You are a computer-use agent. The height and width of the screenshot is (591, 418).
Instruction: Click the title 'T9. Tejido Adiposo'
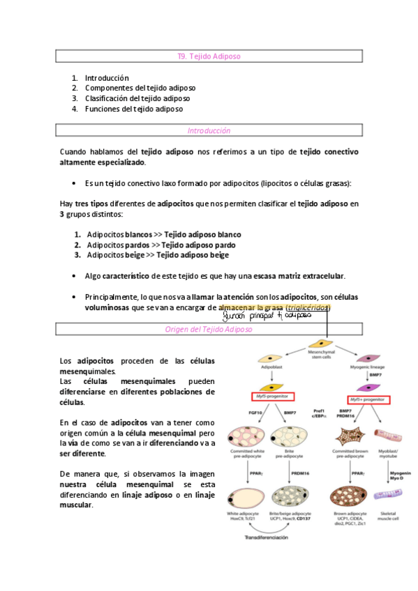tap(209, 56)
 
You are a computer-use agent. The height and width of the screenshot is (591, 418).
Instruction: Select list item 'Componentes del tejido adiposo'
tap(140, 89)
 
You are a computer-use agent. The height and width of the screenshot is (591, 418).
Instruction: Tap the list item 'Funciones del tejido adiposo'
tap(133, 109)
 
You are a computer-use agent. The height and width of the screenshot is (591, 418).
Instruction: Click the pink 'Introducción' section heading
tap(209, 130)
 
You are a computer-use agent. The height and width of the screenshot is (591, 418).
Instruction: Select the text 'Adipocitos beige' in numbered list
tap(114, 255)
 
